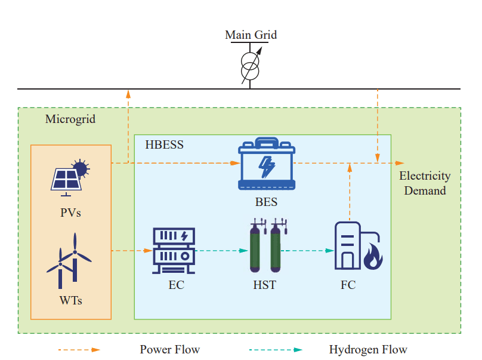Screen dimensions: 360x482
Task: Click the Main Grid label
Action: pyautogui.click(x=251, y=35)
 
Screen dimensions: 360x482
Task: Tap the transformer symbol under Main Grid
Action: pyautogui.click(x=251, y=66)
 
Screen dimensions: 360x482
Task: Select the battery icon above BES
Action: pyautogui.click(x=266, y=164)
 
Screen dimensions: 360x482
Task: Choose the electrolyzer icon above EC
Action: pyautogui.click(x=174, y=250)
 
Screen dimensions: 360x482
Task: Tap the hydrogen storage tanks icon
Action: pyautogui.click(x=265, y=247)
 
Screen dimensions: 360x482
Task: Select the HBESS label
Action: pyautogui.click(x=164, y=144)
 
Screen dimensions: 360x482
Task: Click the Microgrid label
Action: pyautogui.click(x=70, y=119)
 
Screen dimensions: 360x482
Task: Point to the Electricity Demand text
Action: pyautogui.click(x=425, y=183)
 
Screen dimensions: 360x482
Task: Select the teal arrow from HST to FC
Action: pyautogui.click(x=308, y=251)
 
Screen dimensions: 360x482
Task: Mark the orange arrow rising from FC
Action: pyautogui.click(x=350, y=191)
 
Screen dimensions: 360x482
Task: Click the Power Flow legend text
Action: pyautogui.click(x=169, y=349)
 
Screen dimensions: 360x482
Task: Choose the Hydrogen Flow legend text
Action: pyautogui.click(x=367, y=349)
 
